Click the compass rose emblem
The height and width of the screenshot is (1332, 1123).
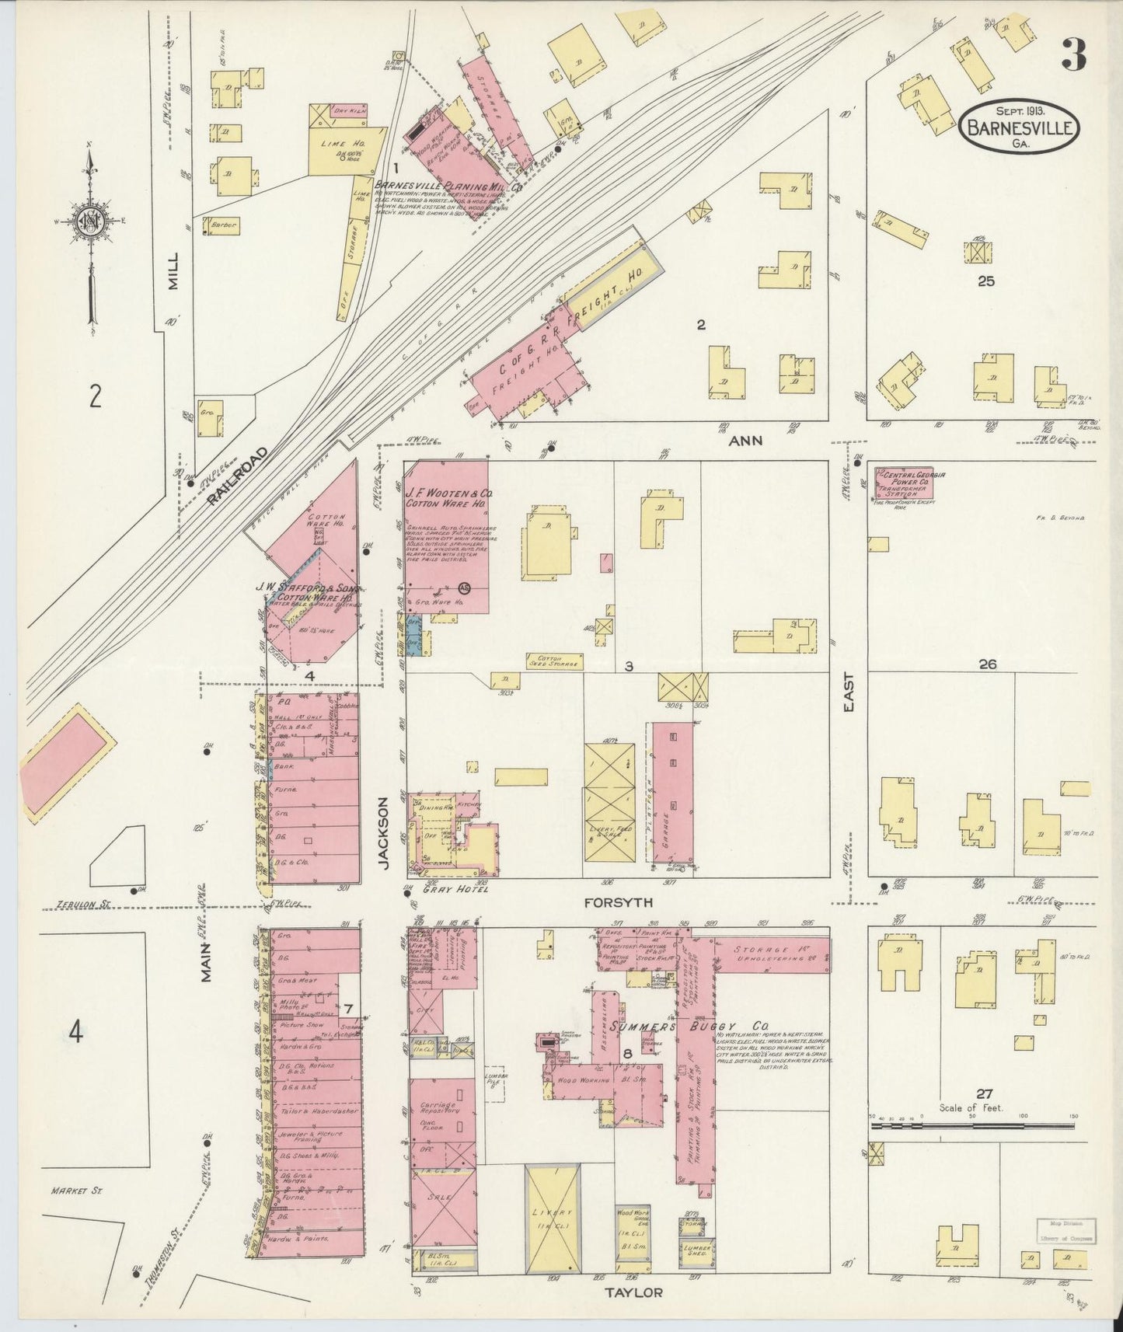[91, 223]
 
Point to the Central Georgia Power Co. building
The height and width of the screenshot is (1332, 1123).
[904, 483]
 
